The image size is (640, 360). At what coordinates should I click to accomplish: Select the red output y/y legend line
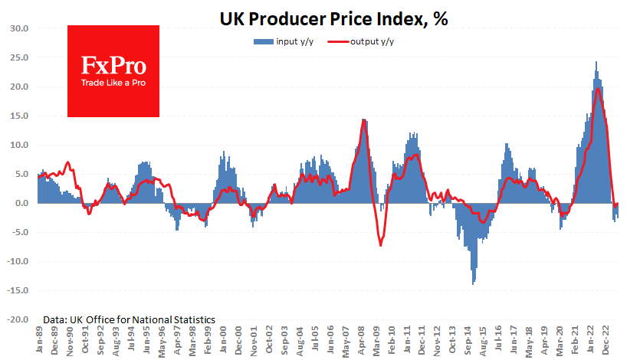(336, 41)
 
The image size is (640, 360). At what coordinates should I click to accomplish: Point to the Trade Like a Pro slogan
(113, 82)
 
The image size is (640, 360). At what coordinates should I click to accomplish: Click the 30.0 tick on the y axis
(18, 28)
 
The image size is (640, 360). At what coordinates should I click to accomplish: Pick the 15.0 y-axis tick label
(18, 116)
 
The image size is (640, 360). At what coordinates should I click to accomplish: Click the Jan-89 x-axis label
(38, 340)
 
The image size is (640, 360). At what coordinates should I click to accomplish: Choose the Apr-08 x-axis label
(362, 340)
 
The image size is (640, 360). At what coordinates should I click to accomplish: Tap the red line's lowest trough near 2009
(380, 245)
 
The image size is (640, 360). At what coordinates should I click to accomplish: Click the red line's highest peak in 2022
(597, 89)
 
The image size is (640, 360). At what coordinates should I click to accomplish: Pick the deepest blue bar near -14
(473, 284)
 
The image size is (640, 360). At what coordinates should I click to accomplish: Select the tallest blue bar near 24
(596, 62)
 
